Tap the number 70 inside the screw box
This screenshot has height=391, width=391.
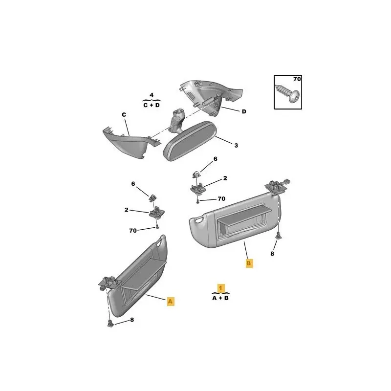296,79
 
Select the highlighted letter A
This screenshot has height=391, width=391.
170,302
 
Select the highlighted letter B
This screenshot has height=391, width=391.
249,263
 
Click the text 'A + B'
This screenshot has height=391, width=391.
220,298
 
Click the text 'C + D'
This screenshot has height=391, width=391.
151,105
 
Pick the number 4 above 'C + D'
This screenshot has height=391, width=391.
152,95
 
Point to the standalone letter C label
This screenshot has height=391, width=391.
124,115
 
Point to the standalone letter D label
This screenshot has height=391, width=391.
243,111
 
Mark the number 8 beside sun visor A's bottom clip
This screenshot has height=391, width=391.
131,320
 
